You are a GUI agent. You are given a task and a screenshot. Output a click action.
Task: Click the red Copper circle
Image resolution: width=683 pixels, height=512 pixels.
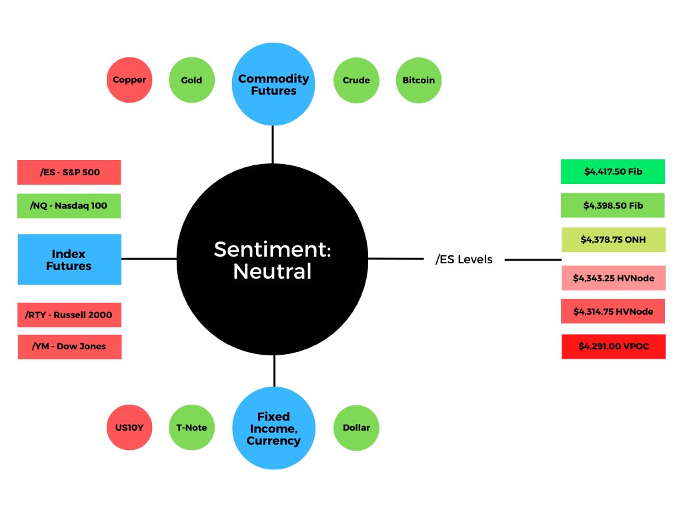click(x=129, y=80)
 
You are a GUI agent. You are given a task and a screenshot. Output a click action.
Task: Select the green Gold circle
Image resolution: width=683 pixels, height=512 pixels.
click(x=191, y=80)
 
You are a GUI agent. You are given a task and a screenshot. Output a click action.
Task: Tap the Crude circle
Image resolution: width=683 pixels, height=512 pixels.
click(x=356, y=80)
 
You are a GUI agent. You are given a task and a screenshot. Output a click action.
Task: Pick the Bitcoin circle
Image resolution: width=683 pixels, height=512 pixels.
click(x=419, y=80)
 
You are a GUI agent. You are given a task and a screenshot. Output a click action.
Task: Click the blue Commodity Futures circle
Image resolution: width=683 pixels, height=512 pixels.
click(x=273, y=84)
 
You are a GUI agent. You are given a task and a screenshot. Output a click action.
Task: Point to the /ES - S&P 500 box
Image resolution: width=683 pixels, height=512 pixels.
click(x=69, y=173)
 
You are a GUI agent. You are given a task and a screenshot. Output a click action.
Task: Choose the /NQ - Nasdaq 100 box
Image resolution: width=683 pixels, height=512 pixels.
click(x=69, y=206)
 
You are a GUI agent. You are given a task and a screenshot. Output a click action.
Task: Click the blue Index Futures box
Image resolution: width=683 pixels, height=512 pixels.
click(x=69, y=259)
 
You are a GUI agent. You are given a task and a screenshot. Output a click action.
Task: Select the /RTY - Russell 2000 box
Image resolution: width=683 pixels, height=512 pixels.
click(x=69, y=315)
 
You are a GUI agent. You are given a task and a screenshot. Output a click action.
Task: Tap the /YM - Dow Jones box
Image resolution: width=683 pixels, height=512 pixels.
click(x=69, y=347)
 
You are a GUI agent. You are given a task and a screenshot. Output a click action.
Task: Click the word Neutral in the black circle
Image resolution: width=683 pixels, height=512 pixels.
click(x=272, y=271)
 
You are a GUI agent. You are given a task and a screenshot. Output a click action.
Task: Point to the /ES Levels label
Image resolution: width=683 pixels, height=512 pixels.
click(x=464, y=259)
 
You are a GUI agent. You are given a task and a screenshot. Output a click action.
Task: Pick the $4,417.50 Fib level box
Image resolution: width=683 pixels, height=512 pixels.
click(x=613, y=171)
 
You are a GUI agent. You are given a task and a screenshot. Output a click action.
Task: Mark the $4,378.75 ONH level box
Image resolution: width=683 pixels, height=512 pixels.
click(x=614, y=239)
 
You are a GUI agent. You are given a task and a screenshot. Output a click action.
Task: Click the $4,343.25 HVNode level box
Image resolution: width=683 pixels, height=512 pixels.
click(x=614, y=278)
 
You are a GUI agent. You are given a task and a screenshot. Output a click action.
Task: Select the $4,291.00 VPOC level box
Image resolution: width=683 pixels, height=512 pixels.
click(x=614, y=347)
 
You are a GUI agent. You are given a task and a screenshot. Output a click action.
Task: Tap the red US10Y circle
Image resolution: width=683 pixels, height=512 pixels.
click(x=129, y=427)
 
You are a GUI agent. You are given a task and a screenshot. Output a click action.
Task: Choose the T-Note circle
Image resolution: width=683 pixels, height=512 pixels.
click(x=191, y=427)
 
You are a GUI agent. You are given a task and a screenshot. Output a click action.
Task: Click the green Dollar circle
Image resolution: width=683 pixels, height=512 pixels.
click(x=356, y=428)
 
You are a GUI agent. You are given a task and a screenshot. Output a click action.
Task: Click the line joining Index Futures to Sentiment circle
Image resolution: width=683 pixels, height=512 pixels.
click(x=149, y=259)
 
